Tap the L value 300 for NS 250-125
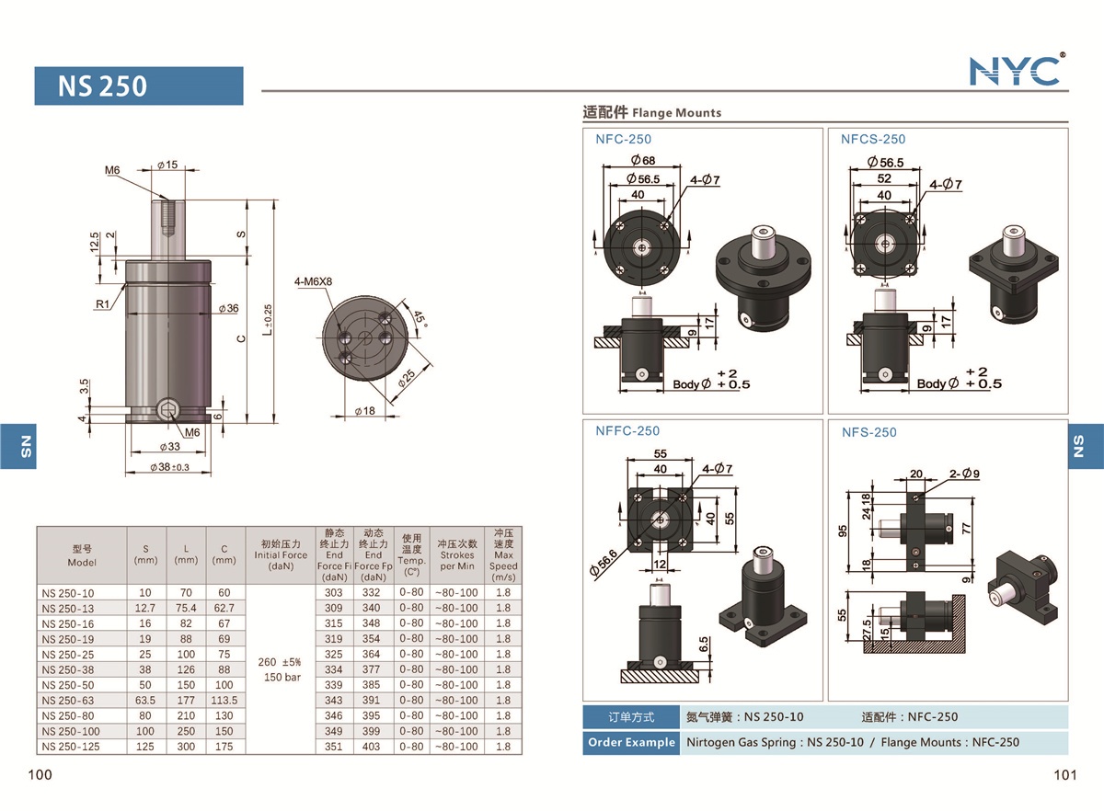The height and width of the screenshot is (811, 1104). pos(186,747)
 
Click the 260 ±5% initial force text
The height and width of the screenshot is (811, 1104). pos(282,662)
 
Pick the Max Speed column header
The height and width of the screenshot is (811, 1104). pos(503,554)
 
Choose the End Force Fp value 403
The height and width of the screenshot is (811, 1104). pos(373,747)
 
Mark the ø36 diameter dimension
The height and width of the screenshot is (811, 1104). pos(227,308)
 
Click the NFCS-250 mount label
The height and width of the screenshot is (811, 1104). pos(872,139)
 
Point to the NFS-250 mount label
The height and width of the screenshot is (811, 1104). pos(868,432)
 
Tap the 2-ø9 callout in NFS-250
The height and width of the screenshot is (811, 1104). pos(963,474)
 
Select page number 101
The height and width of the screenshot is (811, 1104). pos(1064,774)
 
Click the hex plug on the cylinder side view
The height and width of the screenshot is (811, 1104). pos(168,411)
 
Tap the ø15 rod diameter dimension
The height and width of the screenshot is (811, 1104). pos(167,165)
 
